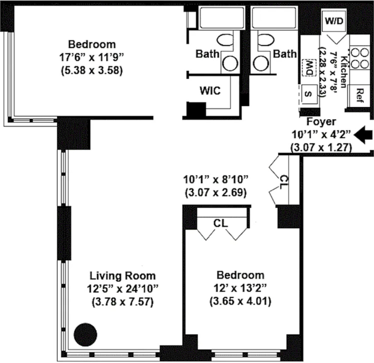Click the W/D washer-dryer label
pyautogui.click(x=334, y=21)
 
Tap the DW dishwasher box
pyautogui.click(x=309, y=68)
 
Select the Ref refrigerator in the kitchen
pyautogui.click(x=359, y=95)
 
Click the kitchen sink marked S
pyautogui.click(x=309, y=94)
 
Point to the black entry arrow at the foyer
pyautogui.click(x=363, y=135)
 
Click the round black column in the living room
pyautogui.click(x=85, y=335)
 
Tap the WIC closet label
pyautogui.click(x=210, y=91)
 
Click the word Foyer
pyautogui.click(x=321, y=122)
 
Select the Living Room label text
pyautogui.click(x=123, y=276)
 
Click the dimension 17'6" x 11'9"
pyautogui.click(x=92, y=57)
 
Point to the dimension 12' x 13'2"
pyautogui.click(x=240, y=288)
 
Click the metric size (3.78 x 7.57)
pyautogui.click(x=123, y=302)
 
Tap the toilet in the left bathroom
pyautogui.click(x=225, y=40)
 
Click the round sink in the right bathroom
pyautogui.click(x=261, y=64)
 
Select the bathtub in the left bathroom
pyautogui.click(x=222, y=18)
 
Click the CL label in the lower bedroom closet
pyautogui.click(x=221, y=224)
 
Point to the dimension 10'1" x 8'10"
pyautogui.click(x=215, y=179)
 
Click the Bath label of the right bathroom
pyautogui.click(x=285, y=54)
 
